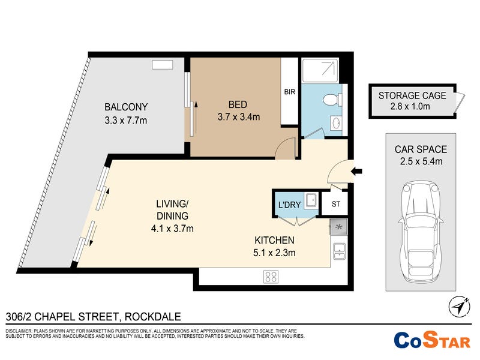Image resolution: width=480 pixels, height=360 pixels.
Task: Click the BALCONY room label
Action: [126, 107]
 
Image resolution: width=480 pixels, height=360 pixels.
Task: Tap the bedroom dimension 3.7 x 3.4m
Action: [239, 116]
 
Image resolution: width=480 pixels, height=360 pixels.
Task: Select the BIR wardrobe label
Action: [290, 92]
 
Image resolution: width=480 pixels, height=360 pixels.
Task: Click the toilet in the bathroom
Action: [333, 100]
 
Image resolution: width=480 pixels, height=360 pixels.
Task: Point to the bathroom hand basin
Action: [337, 124]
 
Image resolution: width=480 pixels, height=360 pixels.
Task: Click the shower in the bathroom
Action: [320, 70]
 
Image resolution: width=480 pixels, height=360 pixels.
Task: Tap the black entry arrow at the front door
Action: [356, 171]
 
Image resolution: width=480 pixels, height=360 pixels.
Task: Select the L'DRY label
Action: [289, 205]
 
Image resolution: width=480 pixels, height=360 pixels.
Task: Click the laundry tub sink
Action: [311, 201]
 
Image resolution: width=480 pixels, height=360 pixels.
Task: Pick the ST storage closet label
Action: [336, 204]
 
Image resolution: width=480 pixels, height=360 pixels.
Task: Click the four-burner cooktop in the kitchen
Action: [271, 277]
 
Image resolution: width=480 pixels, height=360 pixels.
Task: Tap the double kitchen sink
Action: [340, 251]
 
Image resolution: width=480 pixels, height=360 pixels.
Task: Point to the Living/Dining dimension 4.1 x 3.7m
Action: [172, 229]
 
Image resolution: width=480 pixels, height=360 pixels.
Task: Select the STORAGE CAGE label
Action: [412, 95]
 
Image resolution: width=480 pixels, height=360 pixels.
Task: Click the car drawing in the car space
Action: [421, 232]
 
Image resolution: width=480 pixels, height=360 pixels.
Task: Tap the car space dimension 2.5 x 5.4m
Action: [421, 161]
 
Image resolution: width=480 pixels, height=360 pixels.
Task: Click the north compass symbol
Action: [459, 307]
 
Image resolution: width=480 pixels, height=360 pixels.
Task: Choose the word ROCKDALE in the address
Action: [153, 317]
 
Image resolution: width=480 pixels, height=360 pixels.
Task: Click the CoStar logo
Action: [431, 340]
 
